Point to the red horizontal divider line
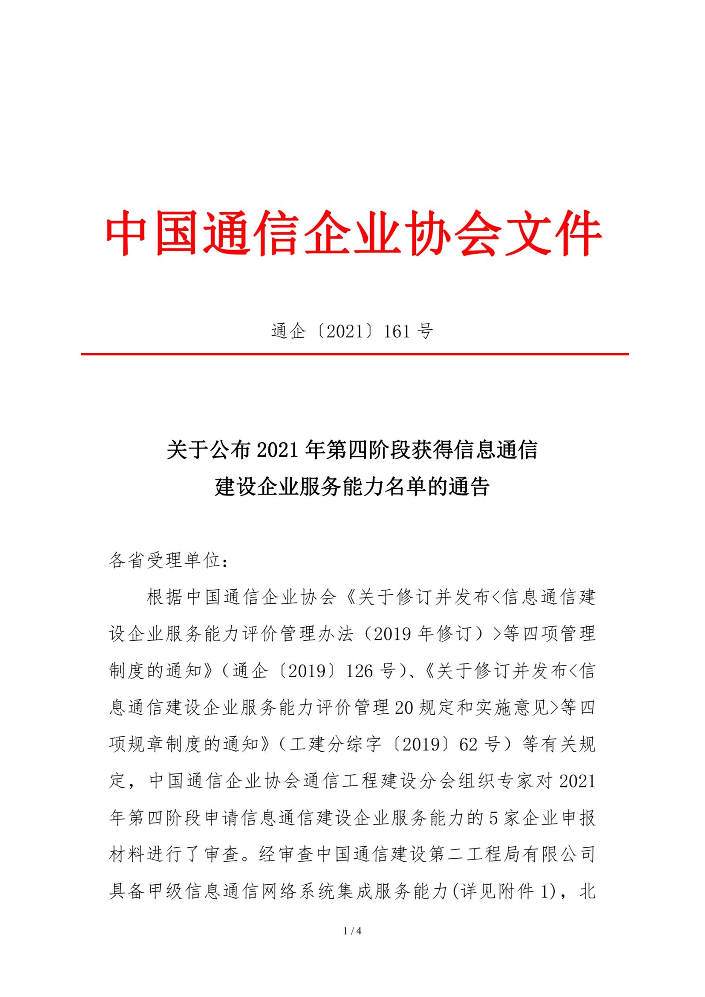(354, 354)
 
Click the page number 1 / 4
(352, 931)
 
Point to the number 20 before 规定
(404, 708)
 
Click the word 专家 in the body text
(514, 781)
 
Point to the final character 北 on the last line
(588, 891)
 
